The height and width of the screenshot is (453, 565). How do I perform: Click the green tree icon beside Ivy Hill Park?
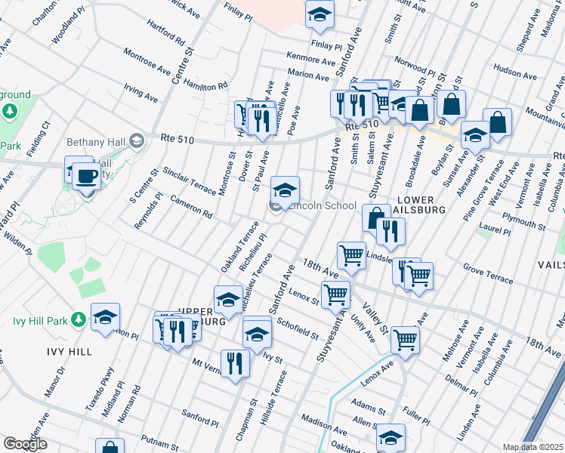(78, 320)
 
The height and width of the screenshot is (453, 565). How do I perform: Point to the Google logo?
(25, 444)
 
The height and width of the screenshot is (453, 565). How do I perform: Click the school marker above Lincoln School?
(286, 190)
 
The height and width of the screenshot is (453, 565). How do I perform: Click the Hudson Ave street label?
(514, 72)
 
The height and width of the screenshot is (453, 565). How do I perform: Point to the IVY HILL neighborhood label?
(69, 352)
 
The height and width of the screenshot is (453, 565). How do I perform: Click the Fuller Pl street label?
(416, 414)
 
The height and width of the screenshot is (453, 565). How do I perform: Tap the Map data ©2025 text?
(533, 447)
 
